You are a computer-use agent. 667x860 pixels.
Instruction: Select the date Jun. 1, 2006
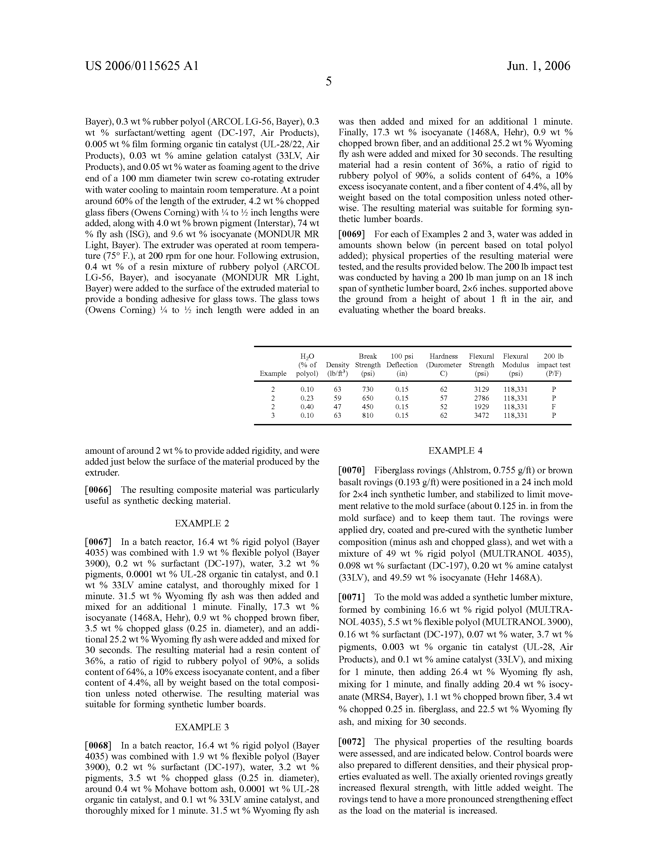(538, 66)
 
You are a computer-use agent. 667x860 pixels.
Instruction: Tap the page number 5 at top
(329, 82)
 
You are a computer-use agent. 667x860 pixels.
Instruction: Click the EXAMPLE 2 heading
(202, 523)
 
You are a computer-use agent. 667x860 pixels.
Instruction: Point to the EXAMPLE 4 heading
(455, 451)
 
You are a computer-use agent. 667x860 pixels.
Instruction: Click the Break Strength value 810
(368, 415)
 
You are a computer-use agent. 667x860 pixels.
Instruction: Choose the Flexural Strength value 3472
(481, 415)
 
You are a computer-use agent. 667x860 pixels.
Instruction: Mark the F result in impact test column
(554, 407)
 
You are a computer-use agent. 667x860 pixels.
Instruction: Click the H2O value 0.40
(307, 407)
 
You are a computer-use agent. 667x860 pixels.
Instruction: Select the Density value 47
(337, 407)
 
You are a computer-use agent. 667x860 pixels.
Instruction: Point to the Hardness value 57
(443, 398)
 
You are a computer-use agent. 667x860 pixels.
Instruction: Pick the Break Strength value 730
(368, 389)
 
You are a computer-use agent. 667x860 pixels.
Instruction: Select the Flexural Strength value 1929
(481, 407)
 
